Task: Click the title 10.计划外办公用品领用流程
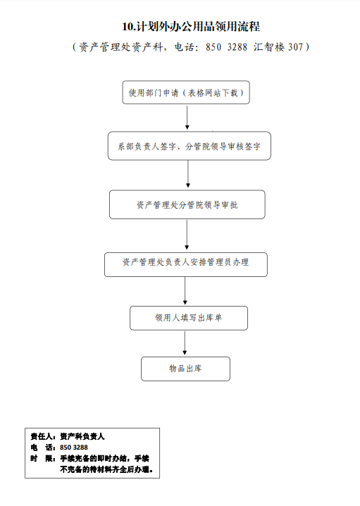pos(191,27)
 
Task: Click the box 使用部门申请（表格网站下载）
pos(186,92)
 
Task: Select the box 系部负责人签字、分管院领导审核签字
pos(189,146)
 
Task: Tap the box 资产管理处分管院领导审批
pos(187,204)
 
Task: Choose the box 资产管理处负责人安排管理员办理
pos(186,264)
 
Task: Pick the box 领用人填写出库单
pos(189,318)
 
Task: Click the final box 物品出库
pos(185,369)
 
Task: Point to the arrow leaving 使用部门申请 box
pos(187,118)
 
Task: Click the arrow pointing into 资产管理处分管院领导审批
pos(188,174)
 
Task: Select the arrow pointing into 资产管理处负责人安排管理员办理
pos(187,235)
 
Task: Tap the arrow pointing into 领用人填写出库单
pos(185,291)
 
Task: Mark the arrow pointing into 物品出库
pos(185,343)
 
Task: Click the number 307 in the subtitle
pos(295,47)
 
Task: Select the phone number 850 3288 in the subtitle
pos(226,47)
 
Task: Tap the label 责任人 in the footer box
pos(42,437)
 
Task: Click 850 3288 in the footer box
pos(74,448)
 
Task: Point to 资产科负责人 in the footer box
pos(82,437)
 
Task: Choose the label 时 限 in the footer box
pos(42,458)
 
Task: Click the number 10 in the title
pos(128,27)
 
